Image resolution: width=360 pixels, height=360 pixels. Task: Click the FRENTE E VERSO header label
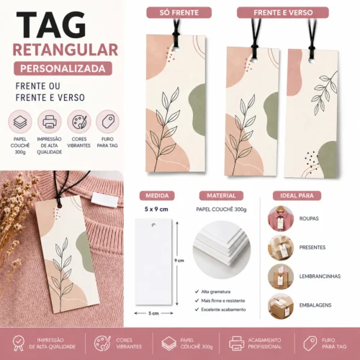[282, 12]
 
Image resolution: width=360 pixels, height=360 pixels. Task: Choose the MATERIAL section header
[220, 195]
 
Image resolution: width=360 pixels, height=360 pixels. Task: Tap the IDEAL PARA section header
[296, 195]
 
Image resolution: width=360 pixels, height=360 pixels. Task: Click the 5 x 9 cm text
[156, 209]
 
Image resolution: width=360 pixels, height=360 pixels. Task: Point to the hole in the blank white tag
[157, 224]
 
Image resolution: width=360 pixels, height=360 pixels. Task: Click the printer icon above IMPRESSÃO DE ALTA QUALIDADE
[49, 121]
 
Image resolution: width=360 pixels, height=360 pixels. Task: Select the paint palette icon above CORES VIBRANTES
[78, 121]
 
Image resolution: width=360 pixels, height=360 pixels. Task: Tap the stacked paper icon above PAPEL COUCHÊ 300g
[20, 121]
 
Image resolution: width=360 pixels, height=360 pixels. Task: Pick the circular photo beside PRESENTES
[280, 247]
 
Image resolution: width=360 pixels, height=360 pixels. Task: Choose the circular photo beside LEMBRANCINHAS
[280, 276]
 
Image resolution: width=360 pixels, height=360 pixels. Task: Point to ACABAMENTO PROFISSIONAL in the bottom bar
[265, 344]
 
